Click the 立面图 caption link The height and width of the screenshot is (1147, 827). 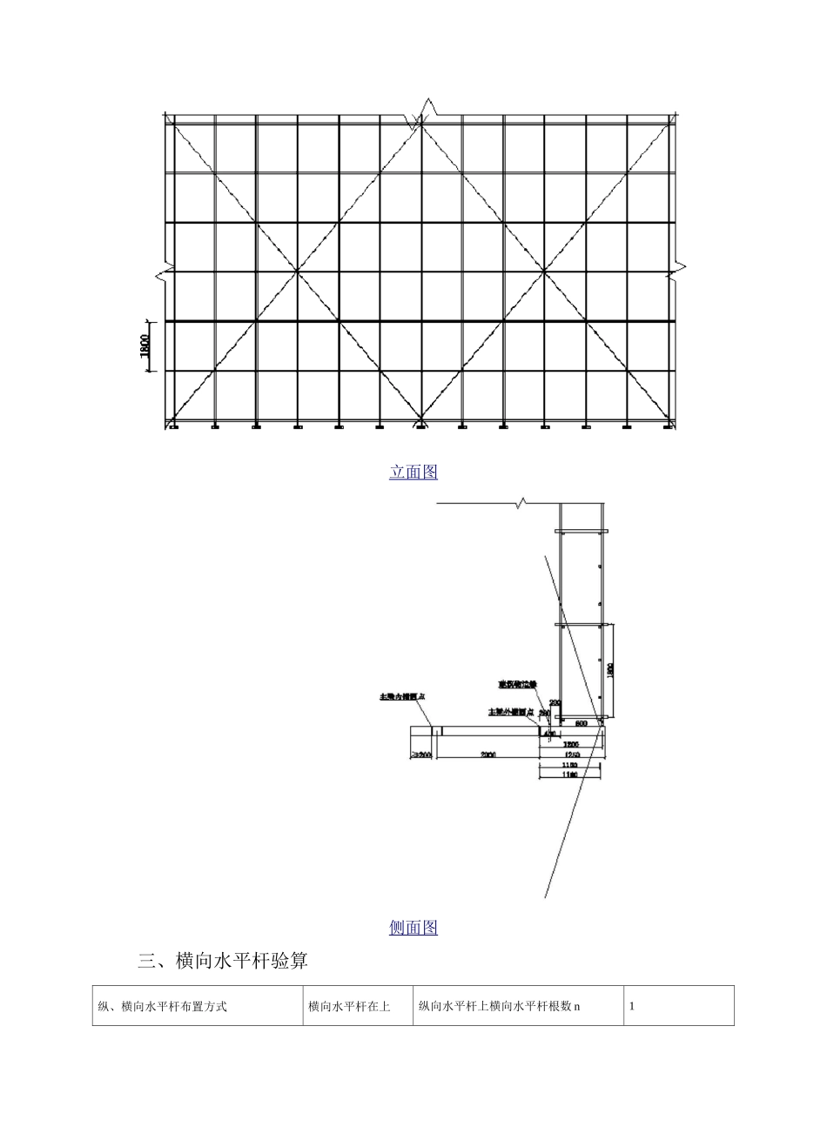(413, 472)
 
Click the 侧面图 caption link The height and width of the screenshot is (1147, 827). (413, 928)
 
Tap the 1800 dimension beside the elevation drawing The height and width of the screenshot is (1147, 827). (146, 346)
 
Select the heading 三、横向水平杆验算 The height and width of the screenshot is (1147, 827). (223, 961)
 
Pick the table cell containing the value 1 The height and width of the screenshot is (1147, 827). (632, 1006)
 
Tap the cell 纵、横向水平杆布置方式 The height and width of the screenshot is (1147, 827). (163, 1006)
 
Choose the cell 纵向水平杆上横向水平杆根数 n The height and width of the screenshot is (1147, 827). (500, 1006)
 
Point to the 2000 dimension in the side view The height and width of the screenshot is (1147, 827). (487, 755)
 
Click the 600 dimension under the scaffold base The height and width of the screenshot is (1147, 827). (581, 724)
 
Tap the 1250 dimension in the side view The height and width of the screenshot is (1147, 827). (571, 755)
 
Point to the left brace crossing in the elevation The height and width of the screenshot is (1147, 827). (298, 272)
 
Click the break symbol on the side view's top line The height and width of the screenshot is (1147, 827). (521, 502)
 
